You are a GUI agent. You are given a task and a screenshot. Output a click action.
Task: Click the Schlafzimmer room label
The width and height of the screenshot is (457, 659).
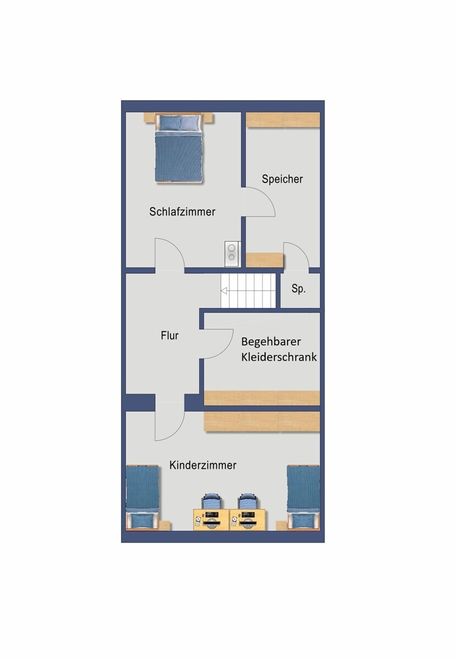[x=182, y=211]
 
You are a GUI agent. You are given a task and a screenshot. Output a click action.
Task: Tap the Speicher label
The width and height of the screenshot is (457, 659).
[x=282, y=179]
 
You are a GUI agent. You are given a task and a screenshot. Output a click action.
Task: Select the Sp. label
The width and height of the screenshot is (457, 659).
[x=299, y=289]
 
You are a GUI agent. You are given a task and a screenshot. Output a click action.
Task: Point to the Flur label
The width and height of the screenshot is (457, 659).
[x=169, y=336]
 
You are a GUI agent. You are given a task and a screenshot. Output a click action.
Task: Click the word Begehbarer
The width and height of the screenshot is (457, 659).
[x=271, y=342]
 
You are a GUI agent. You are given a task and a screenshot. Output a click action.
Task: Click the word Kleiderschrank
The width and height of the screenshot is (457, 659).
[x=279, y=358]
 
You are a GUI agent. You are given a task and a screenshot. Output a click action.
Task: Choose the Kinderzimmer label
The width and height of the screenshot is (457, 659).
[x=203, y=465]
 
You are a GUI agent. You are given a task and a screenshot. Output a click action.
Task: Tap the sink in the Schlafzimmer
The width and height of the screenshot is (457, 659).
[x=232, y=254]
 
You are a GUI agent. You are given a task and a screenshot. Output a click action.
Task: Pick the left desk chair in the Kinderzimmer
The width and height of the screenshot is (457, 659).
[x=211, y=502]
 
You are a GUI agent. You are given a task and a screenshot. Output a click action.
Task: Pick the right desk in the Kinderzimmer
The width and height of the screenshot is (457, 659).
[x=248, y=520]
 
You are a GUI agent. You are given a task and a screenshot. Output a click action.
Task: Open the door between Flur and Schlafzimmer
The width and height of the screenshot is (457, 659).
[x=169, y=255]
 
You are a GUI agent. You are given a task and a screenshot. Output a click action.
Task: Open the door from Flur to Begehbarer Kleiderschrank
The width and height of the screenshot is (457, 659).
[x=217, y=344]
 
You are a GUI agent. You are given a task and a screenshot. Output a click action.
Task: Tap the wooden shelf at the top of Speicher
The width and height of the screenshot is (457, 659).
[x=282, y=120]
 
